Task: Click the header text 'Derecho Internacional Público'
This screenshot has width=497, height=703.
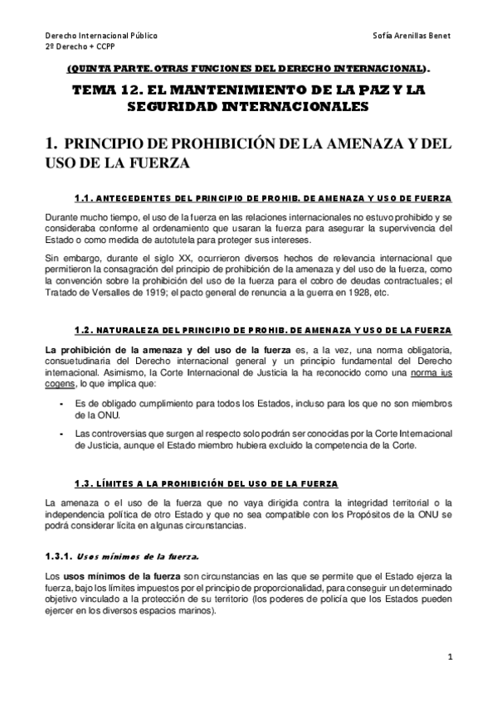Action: coord(100,37)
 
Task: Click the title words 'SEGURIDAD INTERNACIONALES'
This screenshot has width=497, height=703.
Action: coord(249,107)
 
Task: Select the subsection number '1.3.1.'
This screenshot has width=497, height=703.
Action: coord(61,556)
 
